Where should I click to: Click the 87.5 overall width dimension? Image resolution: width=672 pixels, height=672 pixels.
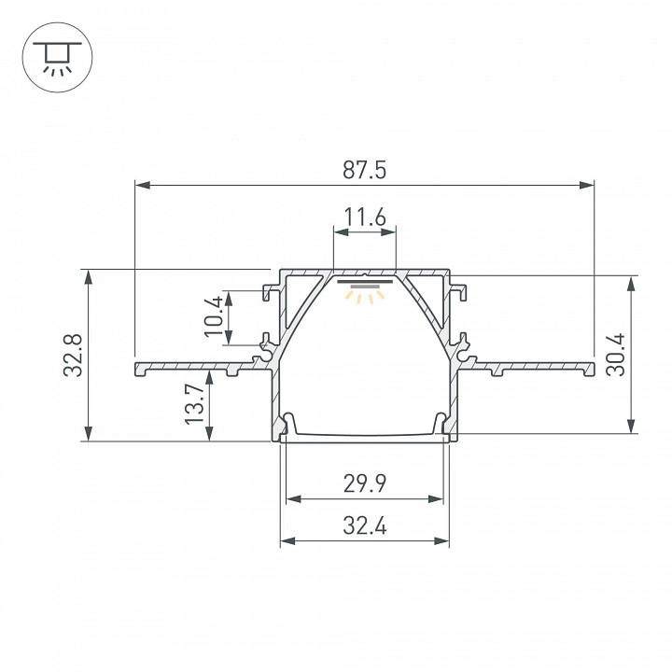(x=364, y=170)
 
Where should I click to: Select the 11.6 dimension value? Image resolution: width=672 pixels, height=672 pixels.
(x=364, y=218)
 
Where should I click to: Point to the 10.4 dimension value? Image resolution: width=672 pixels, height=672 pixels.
(x=215, y=316)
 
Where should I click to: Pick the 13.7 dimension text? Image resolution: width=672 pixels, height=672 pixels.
(x=193, y=404)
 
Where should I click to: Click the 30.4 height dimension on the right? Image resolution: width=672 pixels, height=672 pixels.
(x=615, y=355)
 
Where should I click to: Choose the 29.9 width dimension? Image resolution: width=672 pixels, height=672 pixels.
(x=364, y=483)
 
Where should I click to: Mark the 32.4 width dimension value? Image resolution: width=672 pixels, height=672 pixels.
(x=364, y=525)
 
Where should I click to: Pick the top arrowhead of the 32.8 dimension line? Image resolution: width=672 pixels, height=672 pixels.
(x=89, y=276)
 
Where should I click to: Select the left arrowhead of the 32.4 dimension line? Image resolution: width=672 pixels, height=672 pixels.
(x=286, y=540)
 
